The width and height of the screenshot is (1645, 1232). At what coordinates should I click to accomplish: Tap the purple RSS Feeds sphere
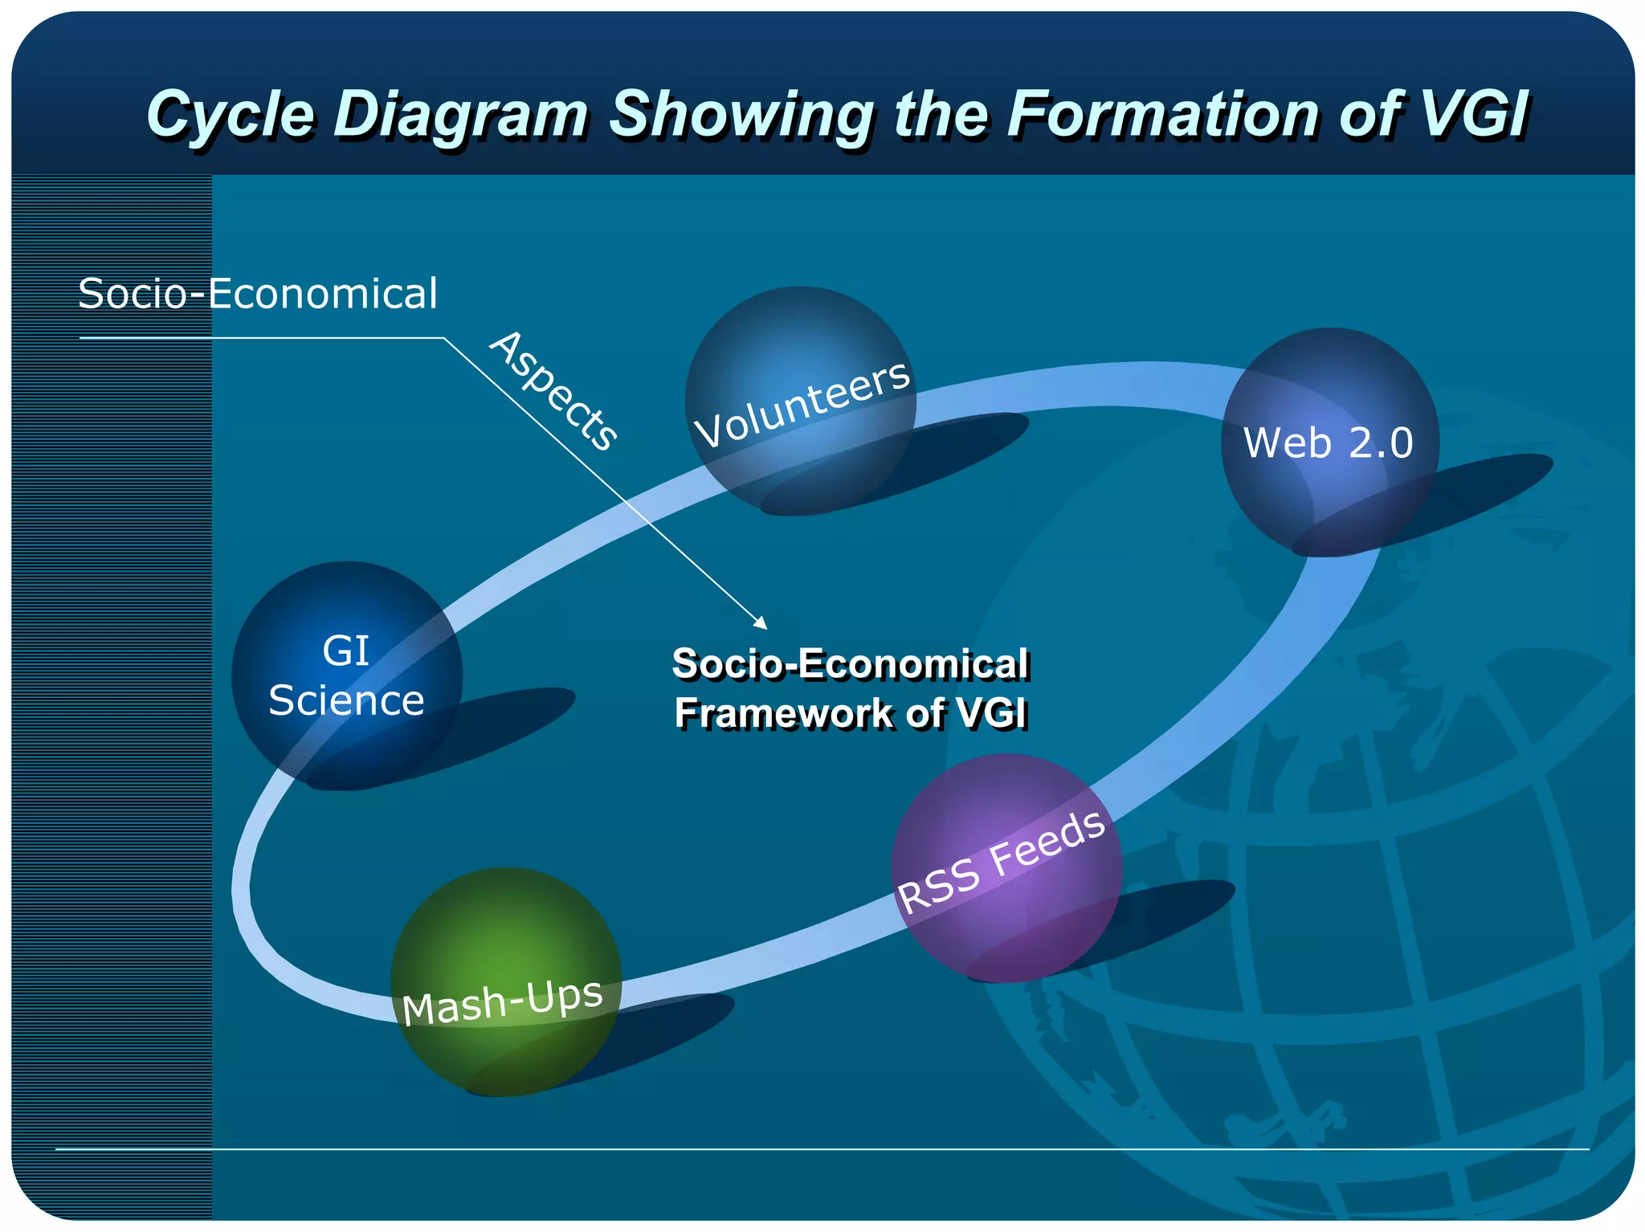1006,867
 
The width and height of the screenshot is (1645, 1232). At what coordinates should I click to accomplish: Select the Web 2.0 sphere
1329,442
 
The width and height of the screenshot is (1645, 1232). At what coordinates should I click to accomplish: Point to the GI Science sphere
347,675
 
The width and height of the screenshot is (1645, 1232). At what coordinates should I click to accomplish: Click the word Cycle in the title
230,114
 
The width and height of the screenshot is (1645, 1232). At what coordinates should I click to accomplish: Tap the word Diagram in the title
462,114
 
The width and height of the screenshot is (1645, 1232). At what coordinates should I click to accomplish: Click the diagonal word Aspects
554,391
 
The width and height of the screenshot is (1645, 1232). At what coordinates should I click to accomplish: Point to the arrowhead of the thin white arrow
761,623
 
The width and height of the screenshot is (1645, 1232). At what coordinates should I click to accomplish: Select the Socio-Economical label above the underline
258,293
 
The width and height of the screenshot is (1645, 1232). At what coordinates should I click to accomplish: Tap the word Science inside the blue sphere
346,700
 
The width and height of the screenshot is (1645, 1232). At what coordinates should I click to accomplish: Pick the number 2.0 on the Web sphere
1381,443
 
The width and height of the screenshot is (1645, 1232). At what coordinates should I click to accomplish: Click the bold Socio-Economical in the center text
850,664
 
